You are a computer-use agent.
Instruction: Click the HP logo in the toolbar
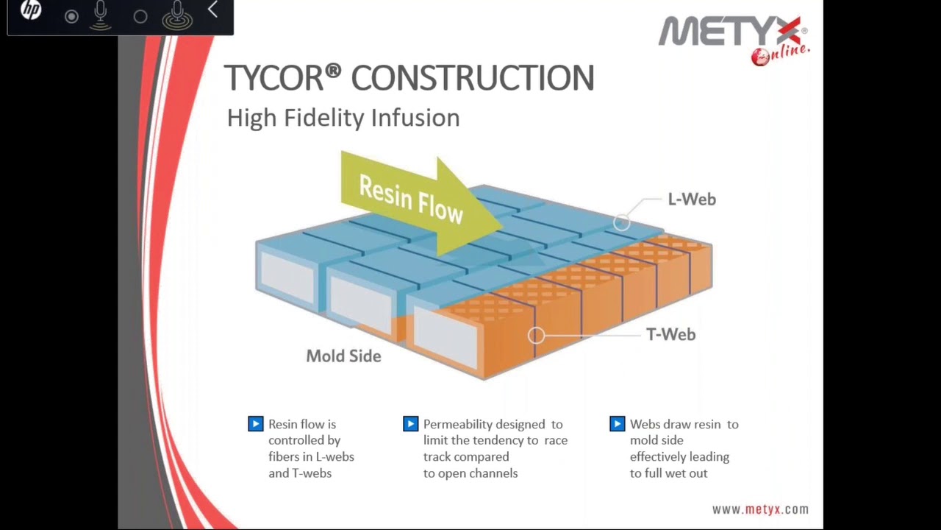point(31,11)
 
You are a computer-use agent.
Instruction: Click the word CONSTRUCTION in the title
point(472,78)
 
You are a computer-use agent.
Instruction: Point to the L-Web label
point(691,199)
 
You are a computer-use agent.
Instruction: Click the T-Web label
point(670,335)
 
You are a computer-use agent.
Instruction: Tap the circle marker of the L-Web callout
point(622,222)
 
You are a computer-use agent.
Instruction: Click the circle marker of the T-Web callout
point(537,336)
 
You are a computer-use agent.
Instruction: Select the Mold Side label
point(343,356)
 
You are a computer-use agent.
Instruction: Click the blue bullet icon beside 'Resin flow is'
point(255,424)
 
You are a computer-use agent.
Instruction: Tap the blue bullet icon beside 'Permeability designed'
point(410,424)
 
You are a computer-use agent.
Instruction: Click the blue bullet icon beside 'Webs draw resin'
point(617,424)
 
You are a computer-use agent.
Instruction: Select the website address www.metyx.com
point(759,509)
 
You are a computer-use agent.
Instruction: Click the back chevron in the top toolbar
point(212,10)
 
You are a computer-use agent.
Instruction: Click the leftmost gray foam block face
point(287,276)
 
